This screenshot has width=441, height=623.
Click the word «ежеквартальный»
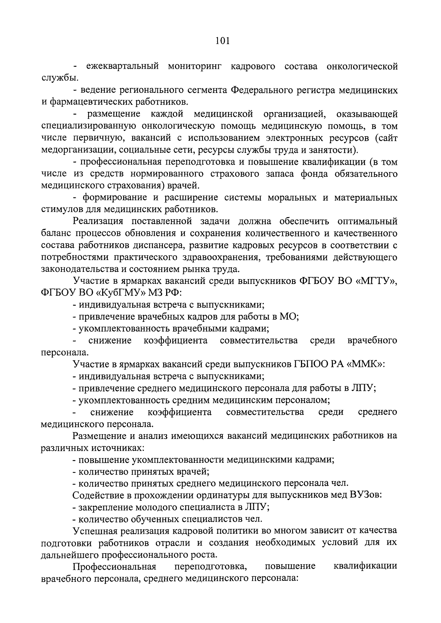point(123,66)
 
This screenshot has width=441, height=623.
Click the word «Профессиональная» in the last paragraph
point(115,566)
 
